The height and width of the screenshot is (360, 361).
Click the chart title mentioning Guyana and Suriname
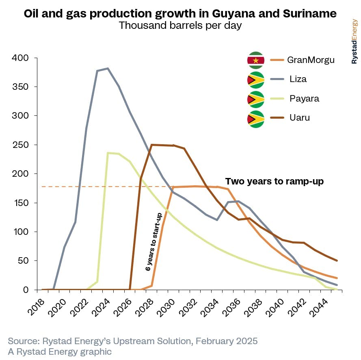click(180, 13)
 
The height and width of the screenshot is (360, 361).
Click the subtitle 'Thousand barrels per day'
click(180, 26)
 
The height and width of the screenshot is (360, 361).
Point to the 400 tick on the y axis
click(20, 58)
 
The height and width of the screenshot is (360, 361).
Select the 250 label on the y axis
click(20, 145)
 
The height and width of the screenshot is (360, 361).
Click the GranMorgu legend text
click(311, 60)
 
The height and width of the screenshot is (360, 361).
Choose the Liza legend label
click(298, 79)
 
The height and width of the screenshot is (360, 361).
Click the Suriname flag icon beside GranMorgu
click(256, 61)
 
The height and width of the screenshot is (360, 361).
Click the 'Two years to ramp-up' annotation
click(275, 182)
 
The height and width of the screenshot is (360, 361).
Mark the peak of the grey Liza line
click(108, 68)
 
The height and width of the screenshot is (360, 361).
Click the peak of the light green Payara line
click(108, 153)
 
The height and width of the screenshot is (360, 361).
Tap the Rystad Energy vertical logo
click(354, 41)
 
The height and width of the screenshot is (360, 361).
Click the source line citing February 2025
click(132, 340)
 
